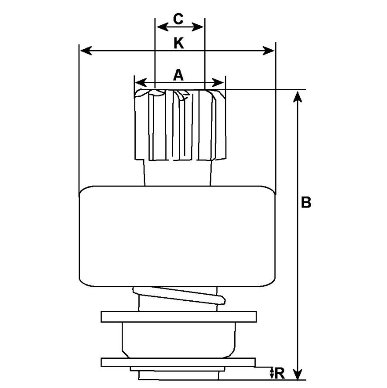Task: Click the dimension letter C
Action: [x=178, y=19]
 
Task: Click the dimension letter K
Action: [x=178, y=43]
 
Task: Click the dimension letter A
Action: [x=178, y=75]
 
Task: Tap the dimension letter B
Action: [x=306, y=203]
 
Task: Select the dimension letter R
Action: [x=280, y=373]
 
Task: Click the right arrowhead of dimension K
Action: [x=270, y=51]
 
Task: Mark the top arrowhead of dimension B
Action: [x=298, y=95]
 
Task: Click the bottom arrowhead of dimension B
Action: [x=298, y=376]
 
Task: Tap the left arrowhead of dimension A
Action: [x=139, y=82]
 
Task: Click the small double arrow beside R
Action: [x=272, y=373]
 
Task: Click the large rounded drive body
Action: [x=178, y=236]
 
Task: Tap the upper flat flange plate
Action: [x=178, y=317]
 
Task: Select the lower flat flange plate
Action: [x=178, y=362]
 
